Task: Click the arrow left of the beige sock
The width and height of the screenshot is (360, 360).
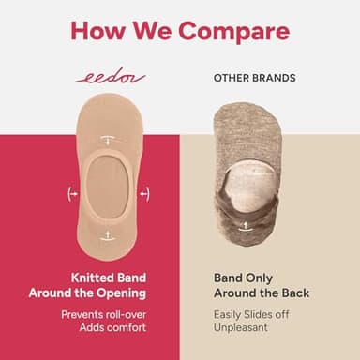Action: coord(72,193)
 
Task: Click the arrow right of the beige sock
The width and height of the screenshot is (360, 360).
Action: coord(143,193)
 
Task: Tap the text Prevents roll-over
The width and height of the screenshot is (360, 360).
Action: coord(108,313)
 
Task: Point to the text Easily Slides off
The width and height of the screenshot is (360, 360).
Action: coord(249,313)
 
